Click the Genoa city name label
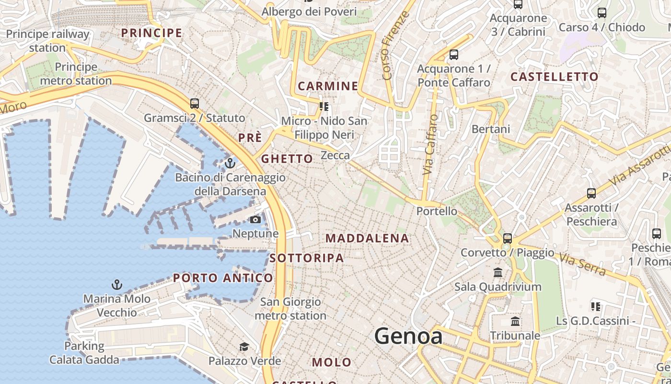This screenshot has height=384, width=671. pos(408,336)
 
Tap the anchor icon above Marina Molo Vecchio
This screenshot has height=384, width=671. pos(116,285)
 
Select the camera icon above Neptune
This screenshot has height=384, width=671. pos(255,220)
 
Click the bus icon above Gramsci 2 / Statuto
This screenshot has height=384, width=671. pos(194,103)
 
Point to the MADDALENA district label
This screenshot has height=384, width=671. pos(367,238)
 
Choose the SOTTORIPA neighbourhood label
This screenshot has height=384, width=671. pos(307,258)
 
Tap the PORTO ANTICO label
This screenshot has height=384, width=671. pos(223,278)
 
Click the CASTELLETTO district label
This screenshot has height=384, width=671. pos(555,77)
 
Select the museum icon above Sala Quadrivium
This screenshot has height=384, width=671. pos(498,273)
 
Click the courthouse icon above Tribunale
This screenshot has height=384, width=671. pos(515,321)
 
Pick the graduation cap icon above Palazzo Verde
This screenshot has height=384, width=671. pos(244,347)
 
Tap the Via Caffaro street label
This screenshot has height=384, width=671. pos(430,144)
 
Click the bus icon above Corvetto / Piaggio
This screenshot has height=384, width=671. pos(507,238)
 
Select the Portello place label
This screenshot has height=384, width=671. pos(437,211)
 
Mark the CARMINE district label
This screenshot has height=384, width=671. pos(328,86)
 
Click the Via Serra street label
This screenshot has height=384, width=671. pos(582,264)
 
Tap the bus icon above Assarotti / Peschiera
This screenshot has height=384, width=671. pos(591,193)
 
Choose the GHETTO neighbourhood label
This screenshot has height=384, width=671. pos(287,159)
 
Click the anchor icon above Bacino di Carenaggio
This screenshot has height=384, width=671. pos(230,163)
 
